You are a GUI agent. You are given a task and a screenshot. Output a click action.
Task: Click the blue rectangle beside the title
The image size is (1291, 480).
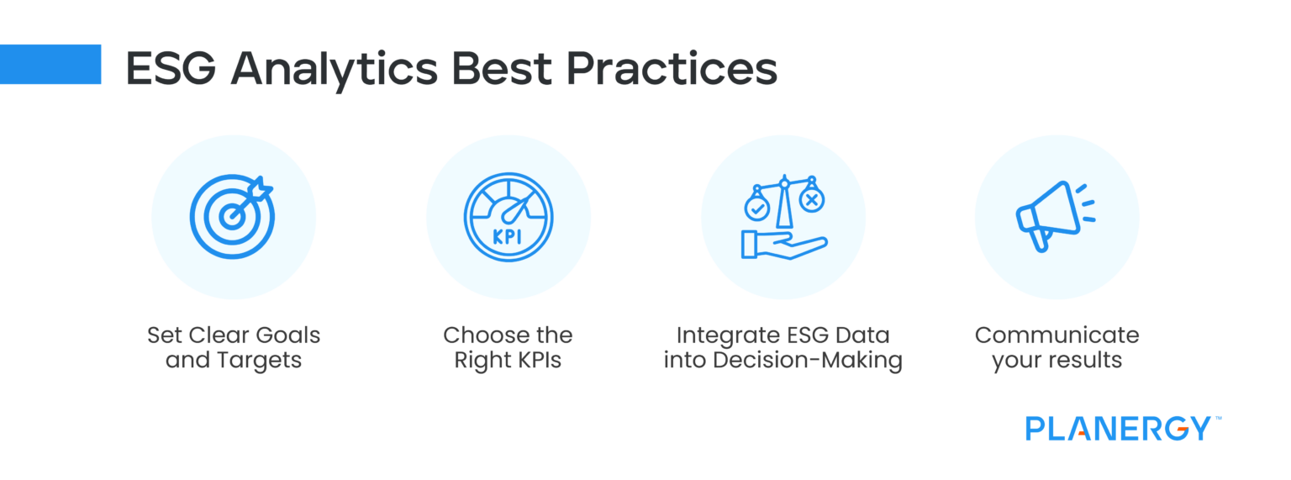pyautogui.click(x=50, y=65)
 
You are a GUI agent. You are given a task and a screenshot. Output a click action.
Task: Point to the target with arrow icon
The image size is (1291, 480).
pyautogui.click(x=231, y=216)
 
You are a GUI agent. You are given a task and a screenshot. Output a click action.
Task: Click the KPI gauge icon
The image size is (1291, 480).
pyautogui.click(x=508, y=216)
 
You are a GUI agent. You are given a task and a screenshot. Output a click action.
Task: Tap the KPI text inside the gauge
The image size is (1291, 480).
pyautogui.click(x=508, y=236)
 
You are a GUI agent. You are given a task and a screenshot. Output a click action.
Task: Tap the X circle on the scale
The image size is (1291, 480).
pyautogui.click(x=811, y=200)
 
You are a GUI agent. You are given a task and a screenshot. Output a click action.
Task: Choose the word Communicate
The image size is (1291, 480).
pyautogui.click(x=1057, y=335)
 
